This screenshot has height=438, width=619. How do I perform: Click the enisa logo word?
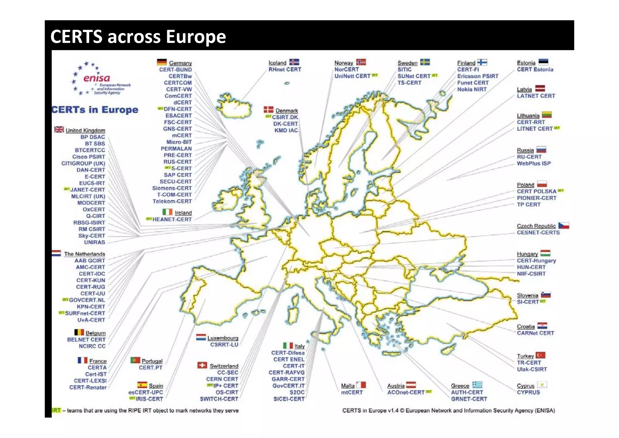pyautogui.click(x=96, y=78)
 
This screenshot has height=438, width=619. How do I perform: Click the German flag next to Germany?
pyautogui.click(x=162, y=62)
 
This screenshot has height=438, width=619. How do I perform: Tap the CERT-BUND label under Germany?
pyautogui.click(x=175, y=70)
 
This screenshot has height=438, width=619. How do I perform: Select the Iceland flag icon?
pyautogui.click(x=294, y=62)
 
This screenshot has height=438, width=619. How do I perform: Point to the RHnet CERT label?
pyautogui.click(x=285, y=70)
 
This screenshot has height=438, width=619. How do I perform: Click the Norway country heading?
pyautogui.click(x=344, y=63)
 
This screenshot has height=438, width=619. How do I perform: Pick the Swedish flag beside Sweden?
pyautogui.click(x=425, y=62)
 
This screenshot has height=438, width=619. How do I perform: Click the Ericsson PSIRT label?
pyautogui.click(x=478, y=76)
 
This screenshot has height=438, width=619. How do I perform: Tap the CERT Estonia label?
pyautogui.click(x=535, y=70)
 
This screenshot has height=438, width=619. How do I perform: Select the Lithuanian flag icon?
pyautogui.click(x=546, y=115)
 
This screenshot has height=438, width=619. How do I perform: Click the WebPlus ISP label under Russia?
pyautogui.click(x=534, y=164)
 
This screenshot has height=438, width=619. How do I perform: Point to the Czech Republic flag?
pyautogui.click(x=563, y=225)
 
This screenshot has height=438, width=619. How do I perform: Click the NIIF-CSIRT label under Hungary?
pyautogui.click(x=531, y=274)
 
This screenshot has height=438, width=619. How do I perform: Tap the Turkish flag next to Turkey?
pyautogui.click(x=540, y=355)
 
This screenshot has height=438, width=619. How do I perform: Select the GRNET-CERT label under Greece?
pyautogui.click(x=469, y=399)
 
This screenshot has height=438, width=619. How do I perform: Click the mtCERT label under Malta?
pyautogui.click(x=352, y=392)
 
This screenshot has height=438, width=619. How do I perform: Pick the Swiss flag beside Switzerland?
pyautogui.click(x=202, y=365)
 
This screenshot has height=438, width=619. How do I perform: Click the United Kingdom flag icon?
pyautogui.click(x=59, y=129)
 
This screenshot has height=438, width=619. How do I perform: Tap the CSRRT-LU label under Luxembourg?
pyautogui.click(x=224, y=345)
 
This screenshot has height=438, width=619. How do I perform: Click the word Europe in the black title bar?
pyautogui.click(x=196, y=37)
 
